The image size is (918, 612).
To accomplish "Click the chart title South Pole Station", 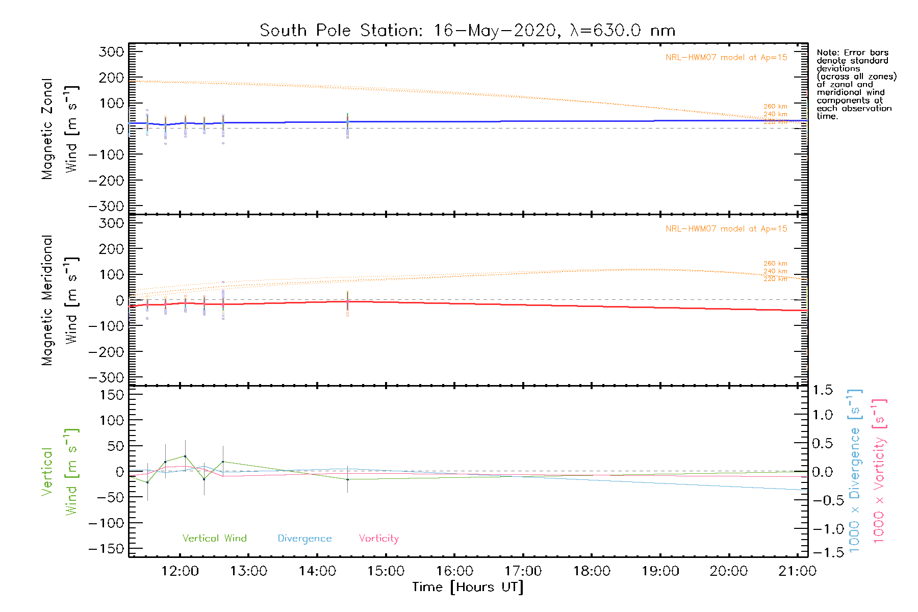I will coord(341,31).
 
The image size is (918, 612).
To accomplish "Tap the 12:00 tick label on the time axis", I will coord(180,571).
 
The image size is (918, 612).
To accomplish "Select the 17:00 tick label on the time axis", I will coord(523,571).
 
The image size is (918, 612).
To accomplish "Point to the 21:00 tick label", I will coord(797,571).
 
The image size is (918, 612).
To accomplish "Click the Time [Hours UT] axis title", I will coord(468,588).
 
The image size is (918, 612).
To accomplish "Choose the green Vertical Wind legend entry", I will coord(214,539).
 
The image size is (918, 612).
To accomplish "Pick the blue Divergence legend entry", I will coord(304,539).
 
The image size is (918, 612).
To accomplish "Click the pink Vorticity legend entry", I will coord(378,539).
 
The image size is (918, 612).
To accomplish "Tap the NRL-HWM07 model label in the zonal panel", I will coord(726,58).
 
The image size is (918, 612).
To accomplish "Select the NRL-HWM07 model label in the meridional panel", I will coord(726,229).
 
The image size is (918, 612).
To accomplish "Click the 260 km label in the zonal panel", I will coord(775,107).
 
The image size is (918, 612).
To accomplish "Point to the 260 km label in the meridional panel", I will coord(775,264).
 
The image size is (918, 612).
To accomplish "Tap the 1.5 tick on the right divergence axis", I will coord(822,391).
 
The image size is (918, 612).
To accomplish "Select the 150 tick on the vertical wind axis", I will coord(112,395).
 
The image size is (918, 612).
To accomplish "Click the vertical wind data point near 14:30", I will coord(347,479).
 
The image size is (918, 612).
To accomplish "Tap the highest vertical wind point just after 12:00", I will coord(185,456).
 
